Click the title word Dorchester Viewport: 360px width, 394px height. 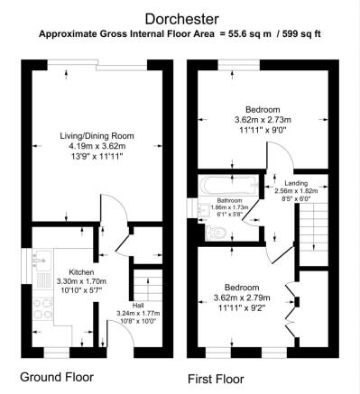[180, 17]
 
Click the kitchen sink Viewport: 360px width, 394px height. [40, 265]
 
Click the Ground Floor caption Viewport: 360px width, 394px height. [57, 375]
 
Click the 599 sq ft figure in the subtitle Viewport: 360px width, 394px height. [300, 34]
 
